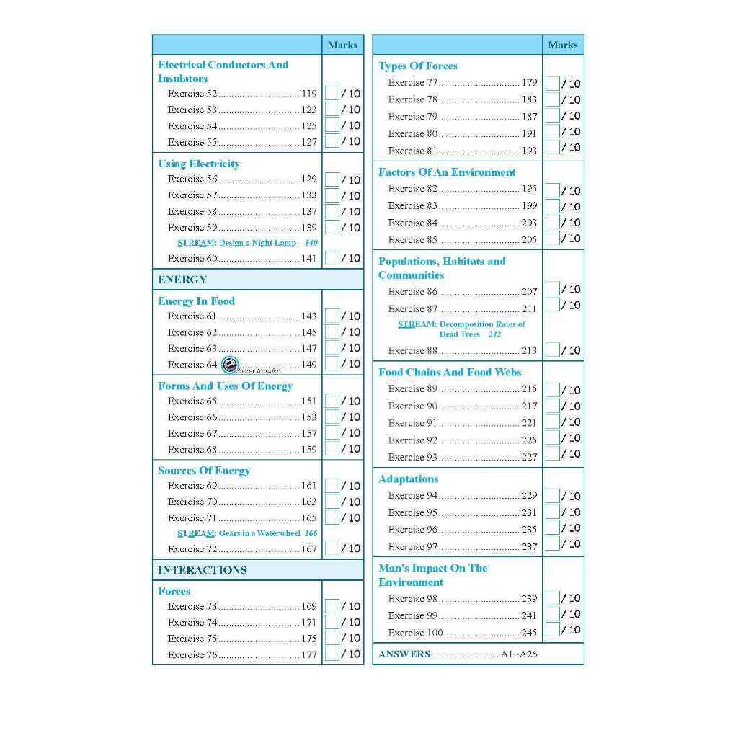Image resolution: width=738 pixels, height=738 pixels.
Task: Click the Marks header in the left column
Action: click(342, 45)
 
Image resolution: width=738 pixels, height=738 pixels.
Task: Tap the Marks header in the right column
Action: click(562, 45)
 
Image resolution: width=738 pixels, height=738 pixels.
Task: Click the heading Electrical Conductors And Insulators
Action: click(223, 71)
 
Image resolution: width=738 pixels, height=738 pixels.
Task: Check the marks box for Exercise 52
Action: click(332, 93)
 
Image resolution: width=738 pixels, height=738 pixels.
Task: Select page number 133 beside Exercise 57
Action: click(308, 195)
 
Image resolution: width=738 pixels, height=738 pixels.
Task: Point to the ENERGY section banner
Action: click(183, 280)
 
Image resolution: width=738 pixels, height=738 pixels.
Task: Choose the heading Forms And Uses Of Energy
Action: click(225, 386)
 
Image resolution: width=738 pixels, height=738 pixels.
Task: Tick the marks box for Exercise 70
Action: click(332, 502)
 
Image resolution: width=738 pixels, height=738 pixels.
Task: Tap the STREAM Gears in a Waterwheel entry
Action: click(247, 533)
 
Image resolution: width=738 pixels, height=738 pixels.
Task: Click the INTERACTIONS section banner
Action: click(203, 570)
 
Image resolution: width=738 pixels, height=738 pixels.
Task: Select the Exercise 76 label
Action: click(192, 655)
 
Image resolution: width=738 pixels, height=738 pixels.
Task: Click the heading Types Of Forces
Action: click(418, 66)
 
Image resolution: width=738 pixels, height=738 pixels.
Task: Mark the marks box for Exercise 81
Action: click(552, 148)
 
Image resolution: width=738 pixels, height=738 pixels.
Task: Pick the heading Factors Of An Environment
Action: click(447, 172)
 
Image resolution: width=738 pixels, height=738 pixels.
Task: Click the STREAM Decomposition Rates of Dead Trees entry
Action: click(461, 329)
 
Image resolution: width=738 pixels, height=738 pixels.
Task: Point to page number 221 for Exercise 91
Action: click(529, 423)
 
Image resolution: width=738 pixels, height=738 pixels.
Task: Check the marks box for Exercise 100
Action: click(552, 630)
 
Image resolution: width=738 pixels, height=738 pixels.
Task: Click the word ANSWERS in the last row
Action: click(404, 654)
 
